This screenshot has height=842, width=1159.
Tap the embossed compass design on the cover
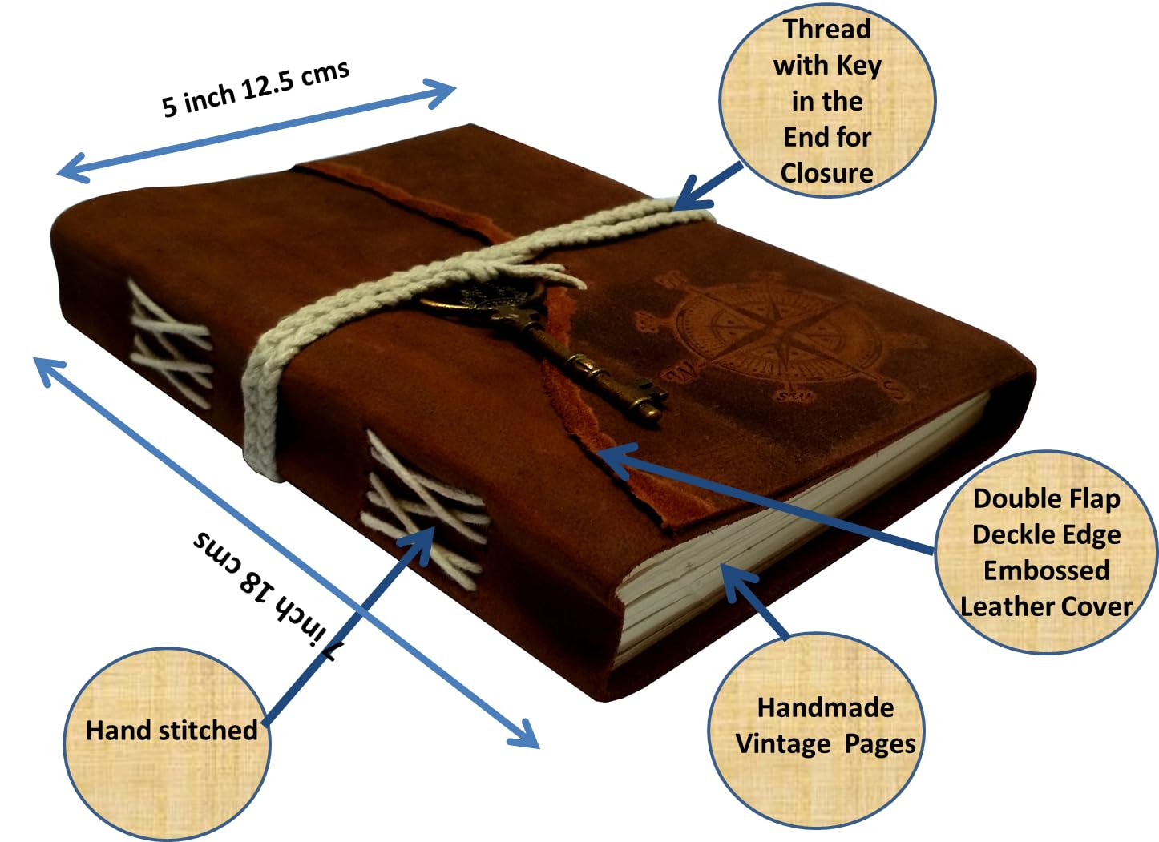point(776,336)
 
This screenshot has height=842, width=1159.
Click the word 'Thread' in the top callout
point(827,29)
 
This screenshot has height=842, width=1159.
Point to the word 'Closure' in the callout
point(827,173)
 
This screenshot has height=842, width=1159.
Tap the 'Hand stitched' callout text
point(172,731)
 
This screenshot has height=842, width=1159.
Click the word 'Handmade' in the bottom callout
point(826,707)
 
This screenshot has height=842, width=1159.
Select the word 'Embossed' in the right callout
point(1046,570)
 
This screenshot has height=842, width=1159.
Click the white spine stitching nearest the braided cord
point(171,344)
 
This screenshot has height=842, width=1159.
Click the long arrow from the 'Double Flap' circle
point(765,498)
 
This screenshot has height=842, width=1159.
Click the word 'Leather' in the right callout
point(1003,606)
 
